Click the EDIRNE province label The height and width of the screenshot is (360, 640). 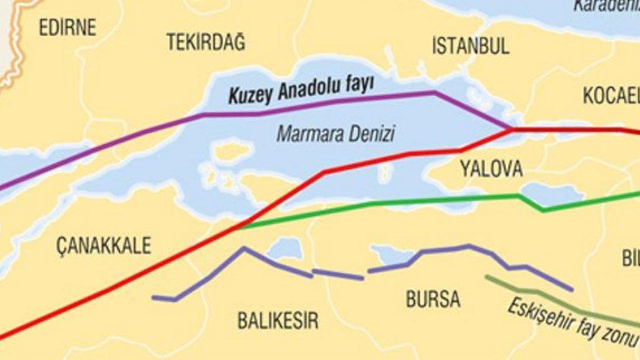pyautogui.click(x=67, y=27)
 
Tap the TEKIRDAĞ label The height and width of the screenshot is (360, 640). pyautogui.click(x=206, y=42)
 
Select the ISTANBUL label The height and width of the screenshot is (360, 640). pyautogui.click(x=470, y=46)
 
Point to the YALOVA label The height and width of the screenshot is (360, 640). pyautogui.click(x=491, y=170)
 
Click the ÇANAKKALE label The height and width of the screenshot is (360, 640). pyautogui.click(x=103, y=246)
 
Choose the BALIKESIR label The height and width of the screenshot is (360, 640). pyautogui.click(x=277, y=321)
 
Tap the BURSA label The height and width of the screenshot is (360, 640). pyautogui.click(x=433, y=299)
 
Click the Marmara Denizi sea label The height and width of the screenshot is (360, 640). pyautogui.click(x=335, y=133)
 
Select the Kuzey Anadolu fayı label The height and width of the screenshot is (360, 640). pyautogui.click(x=300, y=91)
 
